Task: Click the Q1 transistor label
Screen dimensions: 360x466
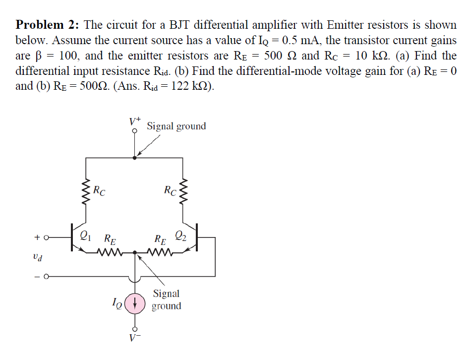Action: [85, 236]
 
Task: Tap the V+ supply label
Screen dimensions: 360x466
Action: [135, 120]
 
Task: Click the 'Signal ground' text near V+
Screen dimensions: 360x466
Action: [176, 126]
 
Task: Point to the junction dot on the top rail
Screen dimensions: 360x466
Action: [135, 158]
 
